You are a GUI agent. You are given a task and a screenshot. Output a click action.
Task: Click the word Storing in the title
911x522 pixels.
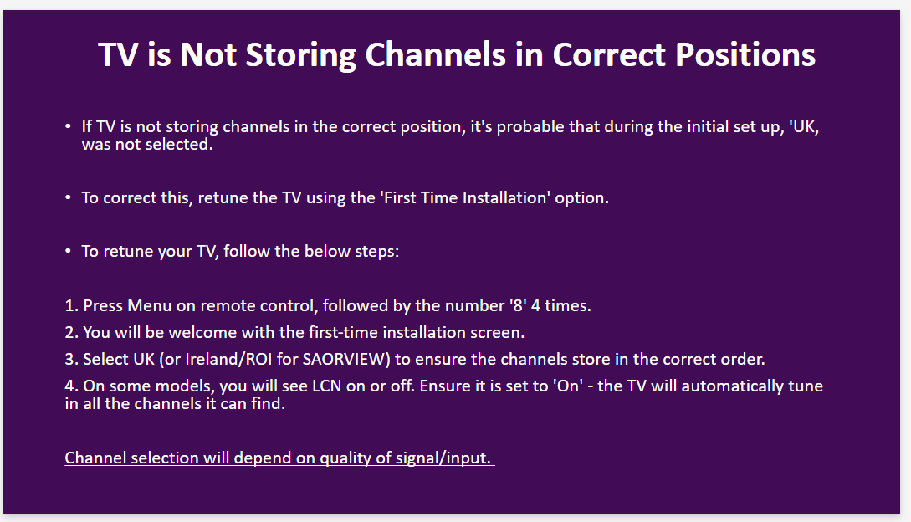[x=300, y=55]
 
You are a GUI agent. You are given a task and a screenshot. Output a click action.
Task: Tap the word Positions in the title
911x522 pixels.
[x=745, y=54]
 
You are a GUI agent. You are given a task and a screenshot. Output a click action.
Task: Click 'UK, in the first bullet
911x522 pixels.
[x=804, y=126]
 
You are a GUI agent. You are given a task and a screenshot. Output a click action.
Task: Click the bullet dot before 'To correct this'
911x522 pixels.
[x=68, y=197]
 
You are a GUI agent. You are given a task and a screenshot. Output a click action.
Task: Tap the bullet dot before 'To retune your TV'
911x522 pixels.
[x=68, y=251]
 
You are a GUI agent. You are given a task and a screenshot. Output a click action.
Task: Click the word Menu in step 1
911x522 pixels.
[x=149, y=306]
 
